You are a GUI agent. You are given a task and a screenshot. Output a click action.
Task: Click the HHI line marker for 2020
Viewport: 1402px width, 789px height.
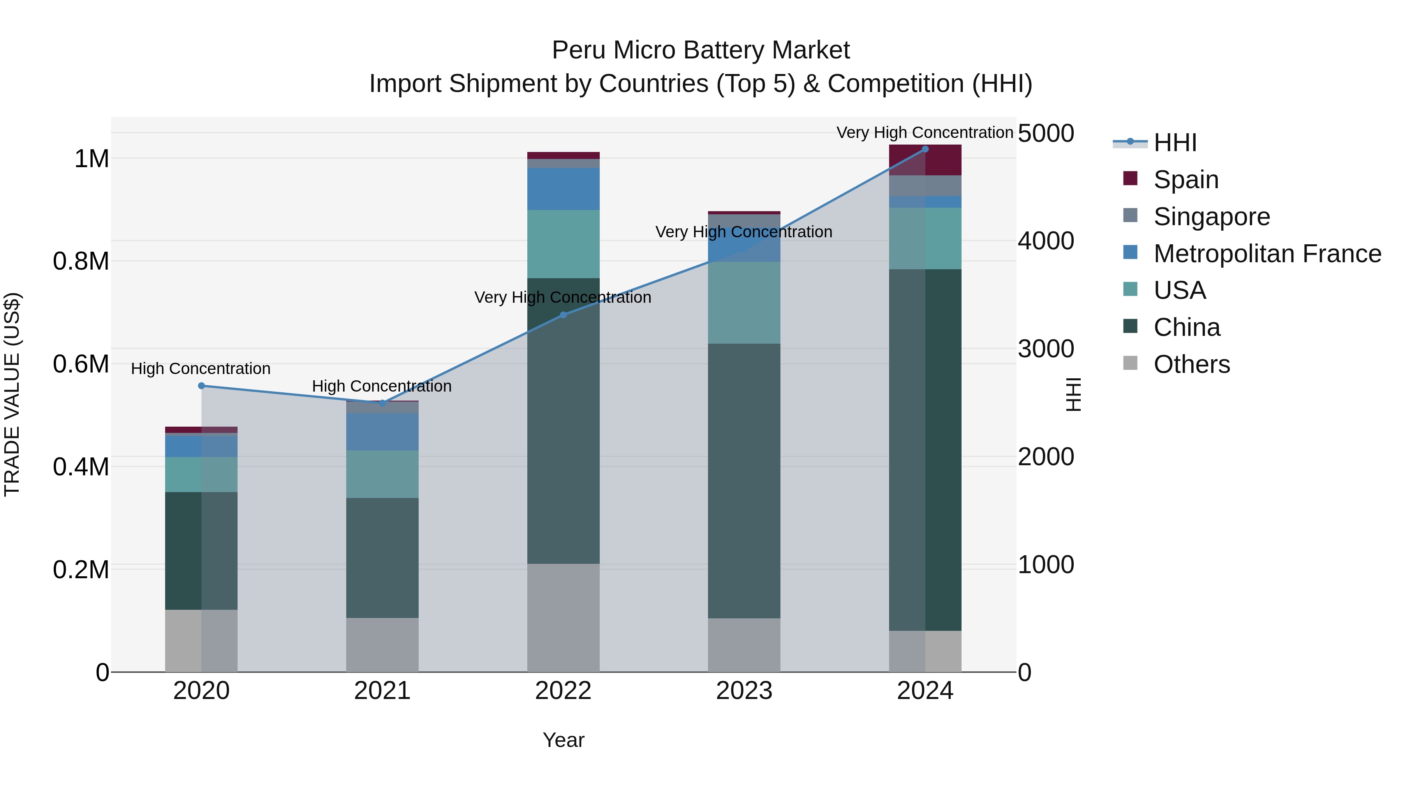(201, 385)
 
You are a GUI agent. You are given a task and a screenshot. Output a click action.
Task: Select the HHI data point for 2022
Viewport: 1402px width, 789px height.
(563, 315)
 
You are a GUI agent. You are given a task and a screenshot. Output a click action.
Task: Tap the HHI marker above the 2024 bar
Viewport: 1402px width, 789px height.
(925, 149)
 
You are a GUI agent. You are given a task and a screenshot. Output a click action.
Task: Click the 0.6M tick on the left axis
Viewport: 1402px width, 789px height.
(81, 364)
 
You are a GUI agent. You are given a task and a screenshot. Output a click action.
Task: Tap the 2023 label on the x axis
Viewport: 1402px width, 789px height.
(744, 691)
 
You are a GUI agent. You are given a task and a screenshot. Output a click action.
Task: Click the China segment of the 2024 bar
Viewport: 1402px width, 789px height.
(925, 449)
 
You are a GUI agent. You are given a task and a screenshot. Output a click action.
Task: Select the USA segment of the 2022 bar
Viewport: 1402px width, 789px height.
(563, 244)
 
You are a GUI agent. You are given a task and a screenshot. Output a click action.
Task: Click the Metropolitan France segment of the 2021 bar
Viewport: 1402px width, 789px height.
(382, 431)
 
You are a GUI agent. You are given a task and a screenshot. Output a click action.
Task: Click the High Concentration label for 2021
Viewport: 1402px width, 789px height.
(382, 386)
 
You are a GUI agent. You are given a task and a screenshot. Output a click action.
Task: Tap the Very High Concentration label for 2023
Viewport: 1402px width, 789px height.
(743, 232)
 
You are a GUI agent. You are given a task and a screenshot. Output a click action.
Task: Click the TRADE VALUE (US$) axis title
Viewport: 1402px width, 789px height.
(12, 394)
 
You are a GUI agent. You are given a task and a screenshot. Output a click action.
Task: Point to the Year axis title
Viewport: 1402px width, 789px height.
(563, 740)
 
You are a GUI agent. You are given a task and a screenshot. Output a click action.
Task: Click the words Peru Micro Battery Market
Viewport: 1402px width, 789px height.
(701, 50)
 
